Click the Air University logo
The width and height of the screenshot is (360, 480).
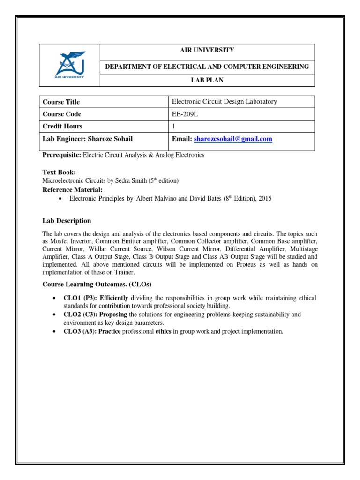pos(69,65)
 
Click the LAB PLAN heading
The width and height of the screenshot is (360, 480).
pos(207,80)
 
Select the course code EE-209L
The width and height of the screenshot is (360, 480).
pos(184,114)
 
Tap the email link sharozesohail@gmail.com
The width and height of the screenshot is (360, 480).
pos(232,139)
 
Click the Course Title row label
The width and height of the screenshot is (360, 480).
pos(61,102)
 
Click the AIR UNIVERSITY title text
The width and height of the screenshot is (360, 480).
pos(207,50)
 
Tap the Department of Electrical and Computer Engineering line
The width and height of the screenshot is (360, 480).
pos(207,67)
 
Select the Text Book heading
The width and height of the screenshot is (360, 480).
pos(59,172)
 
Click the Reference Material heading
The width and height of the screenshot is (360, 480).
pos(72,189)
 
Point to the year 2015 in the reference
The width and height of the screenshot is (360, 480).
pos(264,199)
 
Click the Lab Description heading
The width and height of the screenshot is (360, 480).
pos(67,221)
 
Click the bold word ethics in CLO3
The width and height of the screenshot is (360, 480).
pos(164,331)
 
